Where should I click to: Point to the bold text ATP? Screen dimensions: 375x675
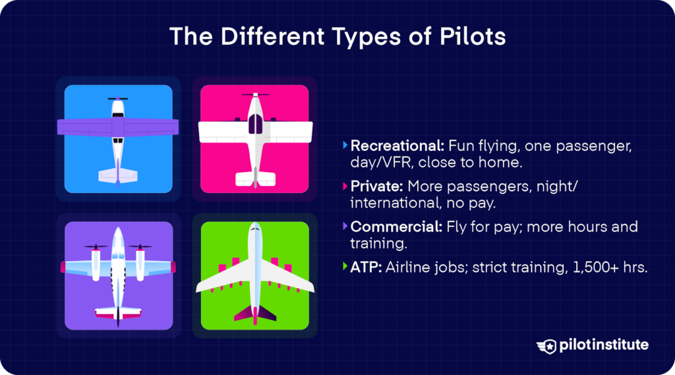click(x=364, y=267)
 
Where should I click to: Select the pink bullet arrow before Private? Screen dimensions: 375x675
click(x=345, y=187)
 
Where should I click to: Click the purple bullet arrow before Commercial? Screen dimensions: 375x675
click(x=345, y=227)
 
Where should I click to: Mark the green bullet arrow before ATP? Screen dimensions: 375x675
click(x=345, y=267)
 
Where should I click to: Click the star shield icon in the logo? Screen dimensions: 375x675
click(x=546, y=345)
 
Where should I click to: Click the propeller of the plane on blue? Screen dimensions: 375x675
click(x=118, y=99)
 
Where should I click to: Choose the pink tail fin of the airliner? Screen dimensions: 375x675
click(x=254, y=315)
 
